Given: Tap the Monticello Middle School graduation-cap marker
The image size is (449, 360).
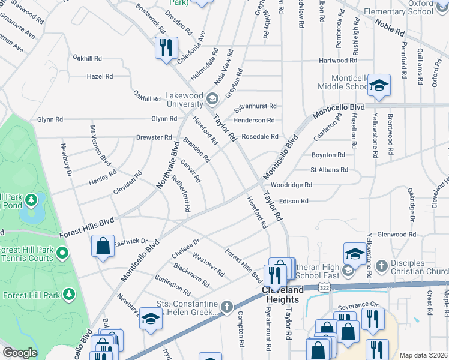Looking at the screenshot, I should pos(379,86).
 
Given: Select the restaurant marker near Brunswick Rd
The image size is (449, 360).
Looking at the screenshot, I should pos(165,47).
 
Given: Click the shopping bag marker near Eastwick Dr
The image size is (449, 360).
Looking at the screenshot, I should pos(103,245).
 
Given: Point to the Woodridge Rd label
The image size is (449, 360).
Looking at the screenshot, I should pos(291,185).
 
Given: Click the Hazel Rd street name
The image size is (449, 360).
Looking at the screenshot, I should pos(100,77).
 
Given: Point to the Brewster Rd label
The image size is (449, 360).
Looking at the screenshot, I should pos(154,137).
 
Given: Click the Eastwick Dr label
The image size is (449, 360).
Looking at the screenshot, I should pos(131,241).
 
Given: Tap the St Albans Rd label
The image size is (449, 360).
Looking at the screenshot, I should pos(329,170).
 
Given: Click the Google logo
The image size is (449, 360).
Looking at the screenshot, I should pos(20,353).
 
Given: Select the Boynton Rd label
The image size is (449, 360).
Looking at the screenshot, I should pos(328,155).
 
